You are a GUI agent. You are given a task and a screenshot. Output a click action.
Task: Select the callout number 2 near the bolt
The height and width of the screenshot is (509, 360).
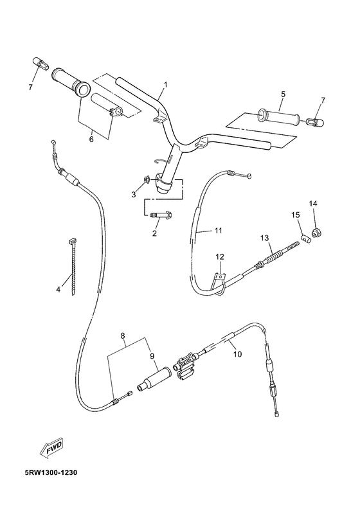(x=154, y=234)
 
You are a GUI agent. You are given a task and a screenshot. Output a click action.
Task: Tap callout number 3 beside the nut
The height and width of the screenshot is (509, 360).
(x=134, y=193)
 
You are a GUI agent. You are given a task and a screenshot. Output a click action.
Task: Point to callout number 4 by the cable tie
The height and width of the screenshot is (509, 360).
(x=58, y=290)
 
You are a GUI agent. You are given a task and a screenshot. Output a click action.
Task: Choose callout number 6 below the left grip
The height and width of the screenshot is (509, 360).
(x=91, y=139)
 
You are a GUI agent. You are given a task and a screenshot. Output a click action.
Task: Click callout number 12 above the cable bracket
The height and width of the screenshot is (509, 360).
(x=219, y=257)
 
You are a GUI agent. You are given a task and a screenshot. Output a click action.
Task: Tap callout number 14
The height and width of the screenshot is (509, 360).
(x=313, y=204)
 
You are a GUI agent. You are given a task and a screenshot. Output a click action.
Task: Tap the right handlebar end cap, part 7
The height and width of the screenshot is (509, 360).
(x=316, y=120)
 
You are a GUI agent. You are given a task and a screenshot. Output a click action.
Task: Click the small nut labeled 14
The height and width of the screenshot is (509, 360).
(x=316, y=231)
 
